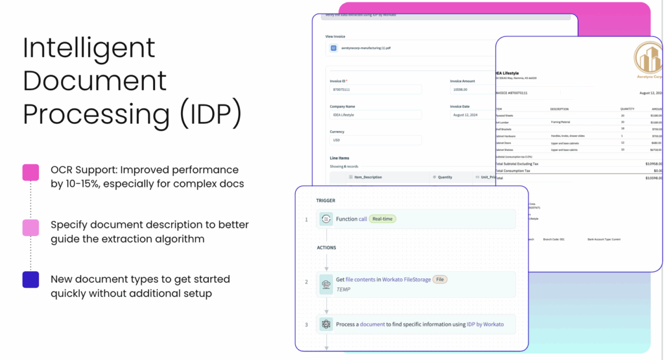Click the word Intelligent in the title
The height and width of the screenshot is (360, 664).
tap(89, 48)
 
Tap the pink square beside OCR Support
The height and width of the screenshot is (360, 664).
tap(30, 173)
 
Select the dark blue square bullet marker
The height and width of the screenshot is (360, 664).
tap(30, 280)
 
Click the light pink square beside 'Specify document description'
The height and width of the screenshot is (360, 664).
tap(30, 227)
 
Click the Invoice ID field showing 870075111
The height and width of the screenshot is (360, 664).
tap(375, 90)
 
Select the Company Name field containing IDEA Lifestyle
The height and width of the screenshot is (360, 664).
tap(375, 115)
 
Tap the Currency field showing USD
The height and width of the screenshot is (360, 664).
tap(375, 139)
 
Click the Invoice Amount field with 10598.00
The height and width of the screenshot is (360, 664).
tap(471, 90)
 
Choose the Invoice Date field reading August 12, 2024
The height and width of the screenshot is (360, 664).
tap(471, 115)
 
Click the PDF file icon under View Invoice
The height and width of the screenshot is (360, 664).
tap(334, 48)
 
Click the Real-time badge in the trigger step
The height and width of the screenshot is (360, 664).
tap(383, 219)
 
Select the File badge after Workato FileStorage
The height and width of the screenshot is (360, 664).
tap(439, 279)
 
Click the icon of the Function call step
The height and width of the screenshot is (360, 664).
tap(326, 219)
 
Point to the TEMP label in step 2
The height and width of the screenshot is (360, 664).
tap(343, 289)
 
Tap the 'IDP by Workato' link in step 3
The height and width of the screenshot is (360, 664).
tap(485, 324)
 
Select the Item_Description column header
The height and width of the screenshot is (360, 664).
tap(368, 176)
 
